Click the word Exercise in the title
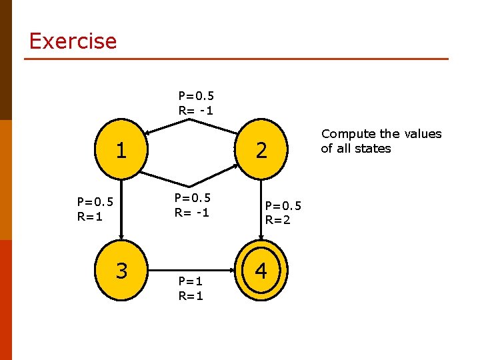[73, 41]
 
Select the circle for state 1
[121, 150]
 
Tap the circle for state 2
[261, 150]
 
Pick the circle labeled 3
[121, 271]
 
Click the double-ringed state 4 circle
[261, 271]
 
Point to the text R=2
[278, 220]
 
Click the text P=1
[191, 281]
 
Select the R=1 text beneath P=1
[191, 295]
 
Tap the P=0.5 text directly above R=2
[283, 206]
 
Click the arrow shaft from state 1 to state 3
[121, 207]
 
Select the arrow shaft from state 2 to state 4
[261, 207]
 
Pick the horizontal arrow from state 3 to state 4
[193, 271]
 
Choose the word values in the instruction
[423, 134]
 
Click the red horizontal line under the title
[236, 59]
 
